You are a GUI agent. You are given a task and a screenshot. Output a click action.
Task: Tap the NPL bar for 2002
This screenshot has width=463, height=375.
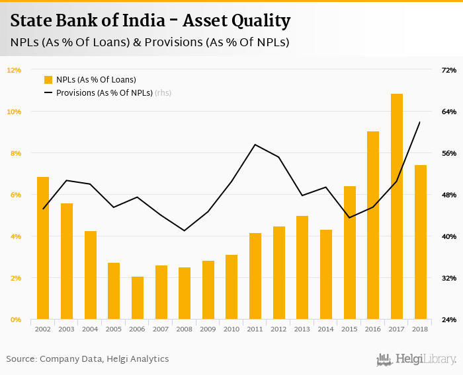pos(43,248)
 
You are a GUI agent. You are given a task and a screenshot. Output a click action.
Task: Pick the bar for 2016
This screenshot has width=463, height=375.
pos(373,225)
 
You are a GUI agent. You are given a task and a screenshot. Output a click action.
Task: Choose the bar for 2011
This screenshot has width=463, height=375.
pos(255,276)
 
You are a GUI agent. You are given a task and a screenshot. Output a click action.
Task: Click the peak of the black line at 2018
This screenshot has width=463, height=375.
pos(420,122)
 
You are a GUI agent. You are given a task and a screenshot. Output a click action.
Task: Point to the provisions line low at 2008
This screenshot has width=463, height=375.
pos(185,230)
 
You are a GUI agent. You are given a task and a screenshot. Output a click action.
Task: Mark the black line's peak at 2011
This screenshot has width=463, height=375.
pos(255,145)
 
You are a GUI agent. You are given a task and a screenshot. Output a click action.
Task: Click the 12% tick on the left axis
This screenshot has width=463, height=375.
pos(15,70)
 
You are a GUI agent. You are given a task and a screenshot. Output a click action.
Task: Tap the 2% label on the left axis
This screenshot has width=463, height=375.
pos(15,278)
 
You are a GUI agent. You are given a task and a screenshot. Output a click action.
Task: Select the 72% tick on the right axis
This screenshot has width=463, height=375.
pos(449,70)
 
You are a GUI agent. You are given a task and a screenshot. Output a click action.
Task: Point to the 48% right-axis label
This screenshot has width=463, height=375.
pos(449,195)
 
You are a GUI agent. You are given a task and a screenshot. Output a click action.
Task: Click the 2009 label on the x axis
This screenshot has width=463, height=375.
pos(208,329)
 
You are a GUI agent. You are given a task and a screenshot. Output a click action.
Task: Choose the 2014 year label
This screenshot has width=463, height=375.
pos(326,329)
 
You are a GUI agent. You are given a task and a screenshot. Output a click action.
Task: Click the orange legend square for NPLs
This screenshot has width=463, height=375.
pos(48,80)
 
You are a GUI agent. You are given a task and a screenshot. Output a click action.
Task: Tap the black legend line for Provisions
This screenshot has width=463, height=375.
pos(48,93)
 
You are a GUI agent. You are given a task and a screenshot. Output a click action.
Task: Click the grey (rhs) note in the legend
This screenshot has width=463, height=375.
pos(163,93)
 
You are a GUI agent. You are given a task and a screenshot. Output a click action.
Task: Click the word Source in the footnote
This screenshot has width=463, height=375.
pos(21,358)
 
